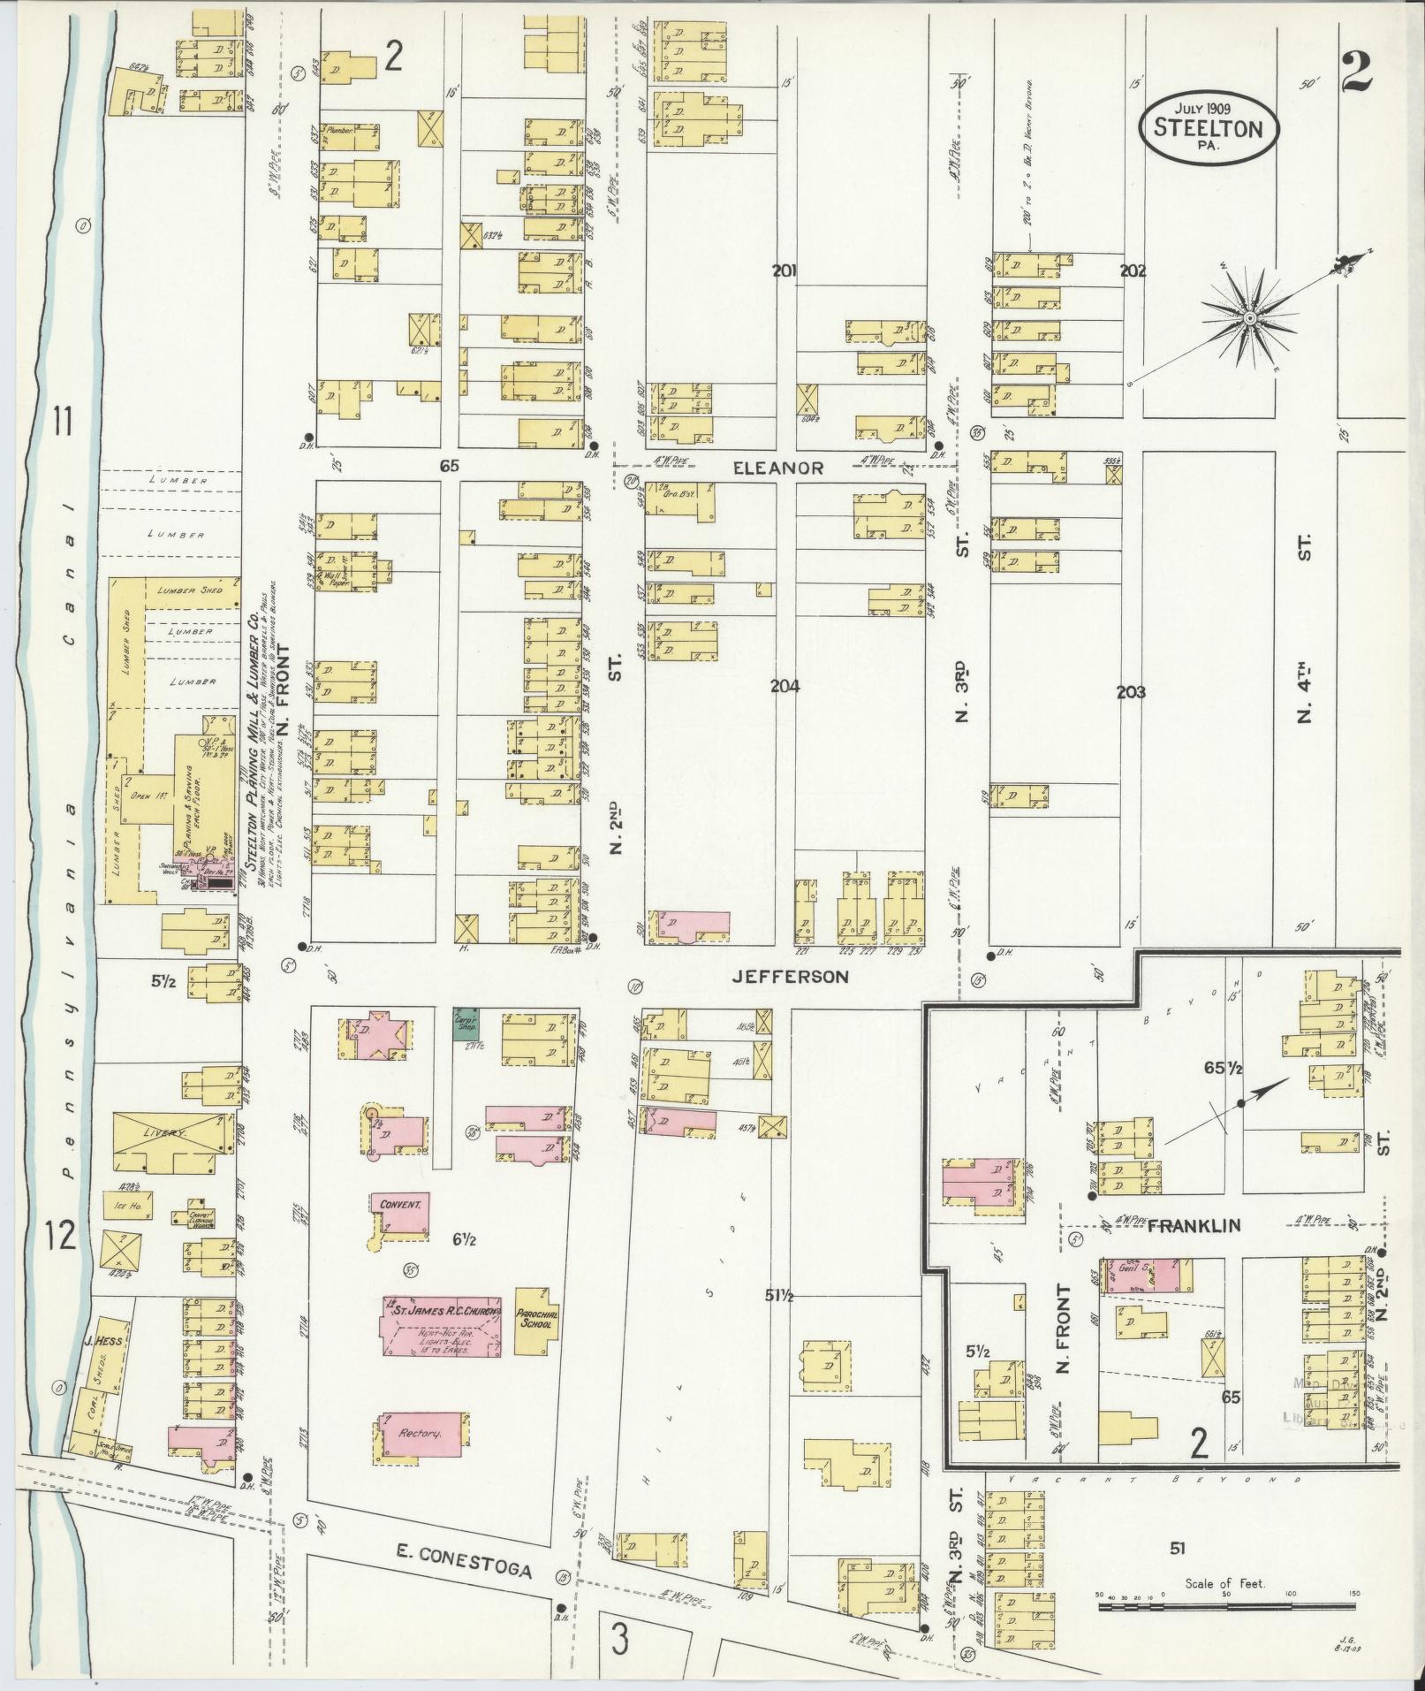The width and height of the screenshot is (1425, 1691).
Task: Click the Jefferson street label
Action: point(791,977)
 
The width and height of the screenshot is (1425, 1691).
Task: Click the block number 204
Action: point(784,685)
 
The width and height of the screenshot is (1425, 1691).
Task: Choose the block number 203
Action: point(1130,692)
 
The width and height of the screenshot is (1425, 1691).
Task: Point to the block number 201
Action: point(784,271)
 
